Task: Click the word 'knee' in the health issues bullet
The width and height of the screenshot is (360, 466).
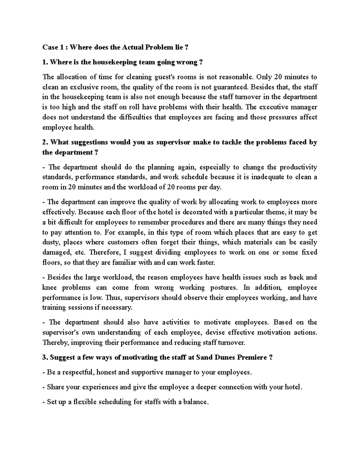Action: [x=50, y=287]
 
